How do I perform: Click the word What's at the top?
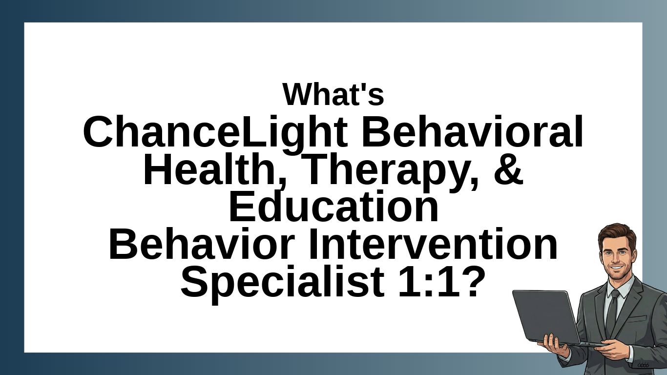click(x=333, y=94)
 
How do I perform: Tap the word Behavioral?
click(x=472, y=131)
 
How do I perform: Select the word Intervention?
click(x=433, y=244)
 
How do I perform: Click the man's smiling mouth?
click(x=616, y=268)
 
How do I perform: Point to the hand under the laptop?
click(x=554, y=346)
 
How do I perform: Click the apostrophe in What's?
click(x=362, y=88)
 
